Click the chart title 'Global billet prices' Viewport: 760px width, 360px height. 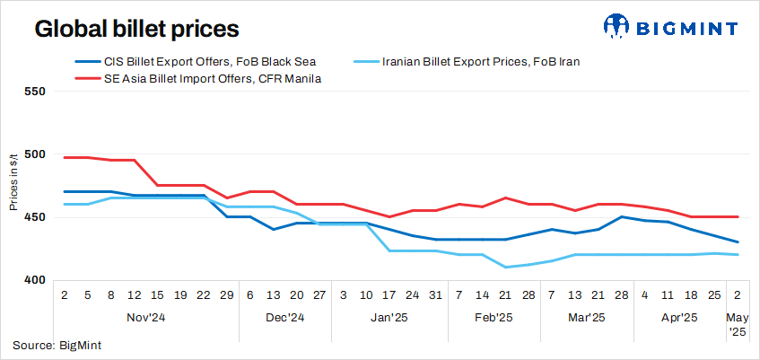[136, 29]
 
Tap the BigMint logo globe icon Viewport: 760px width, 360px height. [619, 28]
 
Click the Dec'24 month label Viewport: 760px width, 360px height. [285, 317]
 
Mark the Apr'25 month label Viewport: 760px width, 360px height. [679, 317]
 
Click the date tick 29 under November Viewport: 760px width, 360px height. [227, 294]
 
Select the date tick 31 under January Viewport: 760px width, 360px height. [435, 294]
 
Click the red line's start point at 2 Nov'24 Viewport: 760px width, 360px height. [65, 157]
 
